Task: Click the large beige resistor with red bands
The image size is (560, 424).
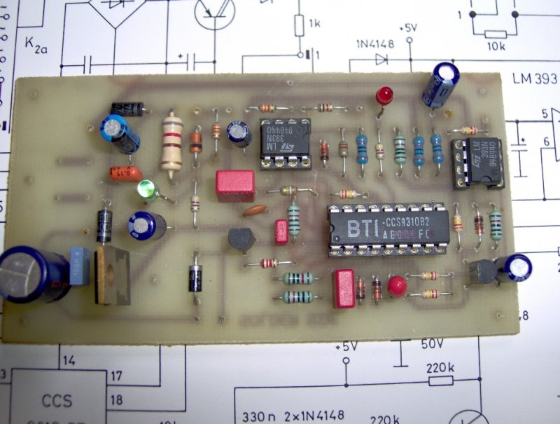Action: click(x=171, y=143)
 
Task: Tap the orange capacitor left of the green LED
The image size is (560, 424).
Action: click(x=125, y=173)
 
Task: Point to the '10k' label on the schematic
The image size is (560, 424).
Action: click(x=495, y=46)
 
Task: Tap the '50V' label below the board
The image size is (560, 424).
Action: click(x=433, y=344)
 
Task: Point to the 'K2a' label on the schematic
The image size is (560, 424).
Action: click(x=36, y=43)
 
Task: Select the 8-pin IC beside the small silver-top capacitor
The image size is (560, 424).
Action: click(x=284, y=142)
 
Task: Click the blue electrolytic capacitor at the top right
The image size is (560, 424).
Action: click(x=443, y=83)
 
